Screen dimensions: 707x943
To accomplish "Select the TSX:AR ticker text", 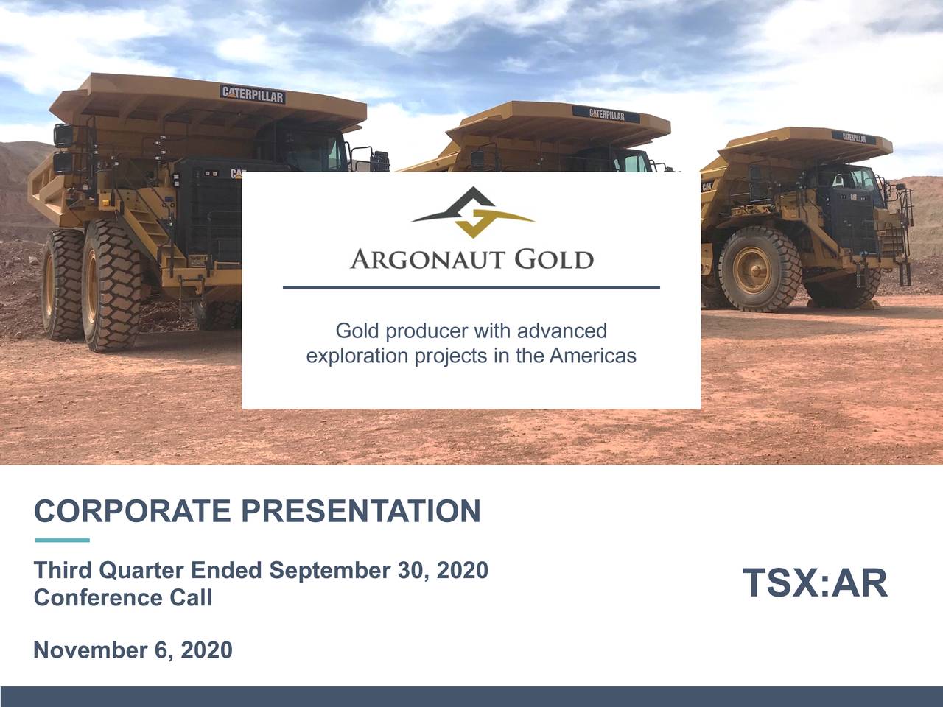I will [815, 583].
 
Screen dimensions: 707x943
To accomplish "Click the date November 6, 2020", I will [133, 650].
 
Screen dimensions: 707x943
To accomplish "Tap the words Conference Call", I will [123, 597].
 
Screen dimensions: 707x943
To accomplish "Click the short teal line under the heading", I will [62, 540].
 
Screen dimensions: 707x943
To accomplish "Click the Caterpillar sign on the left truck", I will [253, 94].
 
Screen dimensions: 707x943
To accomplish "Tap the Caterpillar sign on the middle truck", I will [606, 114].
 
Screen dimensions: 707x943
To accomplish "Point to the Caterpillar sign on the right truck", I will [854, 137].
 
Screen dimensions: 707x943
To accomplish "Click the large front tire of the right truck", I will [760, 269].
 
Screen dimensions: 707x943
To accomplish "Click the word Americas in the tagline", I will [592, 356].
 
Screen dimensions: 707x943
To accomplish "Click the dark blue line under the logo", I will [471, 287].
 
